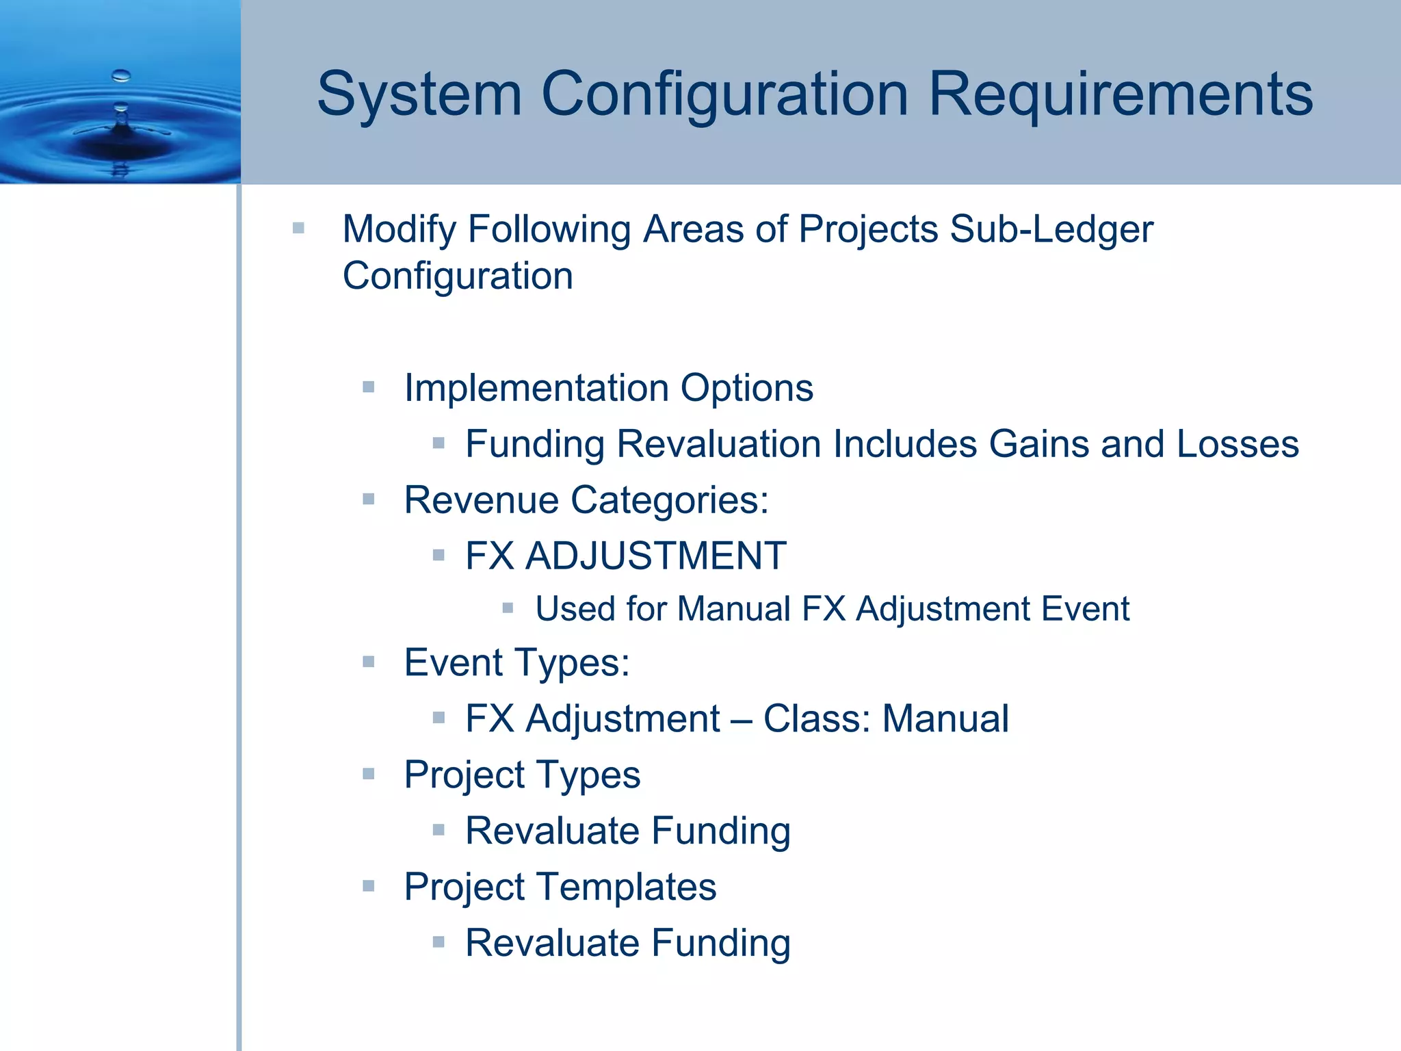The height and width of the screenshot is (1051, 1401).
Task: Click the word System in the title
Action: [419, 94]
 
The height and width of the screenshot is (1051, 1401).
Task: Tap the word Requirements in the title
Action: [1120, 94]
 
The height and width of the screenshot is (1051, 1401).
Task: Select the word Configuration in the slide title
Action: [725, 94]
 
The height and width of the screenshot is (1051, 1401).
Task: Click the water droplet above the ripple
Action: [121, 75]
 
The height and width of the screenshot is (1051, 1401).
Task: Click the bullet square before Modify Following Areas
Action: [298, 228]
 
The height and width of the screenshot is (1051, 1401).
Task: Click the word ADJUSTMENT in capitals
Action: [655, 556]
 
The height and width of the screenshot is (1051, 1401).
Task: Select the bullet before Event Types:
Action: [369, 662]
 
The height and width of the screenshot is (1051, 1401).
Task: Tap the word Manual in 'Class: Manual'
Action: [945, 718]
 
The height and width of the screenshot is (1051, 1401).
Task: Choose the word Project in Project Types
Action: [454, 775]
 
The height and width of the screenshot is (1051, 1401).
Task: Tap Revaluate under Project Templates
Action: [552, 943]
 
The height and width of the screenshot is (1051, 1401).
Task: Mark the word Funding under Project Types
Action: [721, 831]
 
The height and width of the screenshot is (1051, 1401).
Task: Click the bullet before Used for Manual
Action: [508, 608]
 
